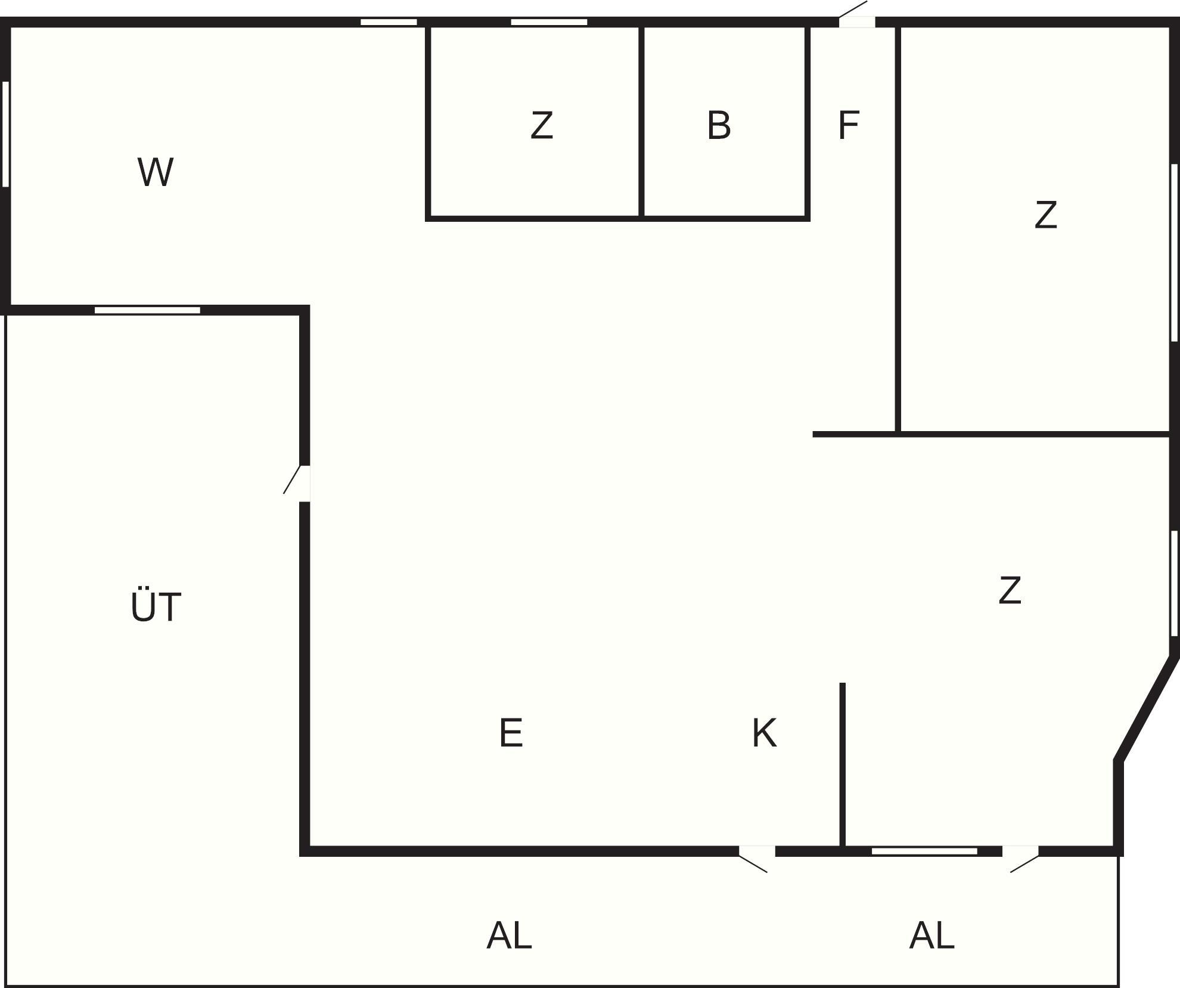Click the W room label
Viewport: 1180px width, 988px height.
click(156, 172)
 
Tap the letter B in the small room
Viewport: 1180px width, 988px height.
click(719, 126)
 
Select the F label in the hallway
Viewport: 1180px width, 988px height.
click(848, 126)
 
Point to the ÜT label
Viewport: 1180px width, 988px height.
click(156, 606)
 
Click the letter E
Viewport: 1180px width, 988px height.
click(511, 733)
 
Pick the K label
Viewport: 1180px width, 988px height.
click(765, 733)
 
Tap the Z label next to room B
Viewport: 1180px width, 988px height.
click(542, 126)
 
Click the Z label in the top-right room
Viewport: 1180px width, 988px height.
click(1046, 215)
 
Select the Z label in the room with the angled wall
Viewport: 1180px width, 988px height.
click(1010, 590)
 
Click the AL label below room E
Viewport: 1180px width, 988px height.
click(509, 935)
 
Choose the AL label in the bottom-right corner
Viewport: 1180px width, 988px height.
click(931, 935)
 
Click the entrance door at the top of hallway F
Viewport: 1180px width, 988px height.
click(856, 16)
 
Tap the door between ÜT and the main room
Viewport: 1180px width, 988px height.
click(297, 483)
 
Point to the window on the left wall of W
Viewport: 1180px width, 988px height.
click(6, 134)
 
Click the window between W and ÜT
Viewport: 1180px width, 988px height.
click(147, 310)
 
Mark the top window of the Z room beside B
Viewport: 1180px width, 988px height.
click(549, 22)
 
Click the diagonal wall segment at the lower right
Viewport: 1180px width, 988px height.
click(1146, 709)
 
